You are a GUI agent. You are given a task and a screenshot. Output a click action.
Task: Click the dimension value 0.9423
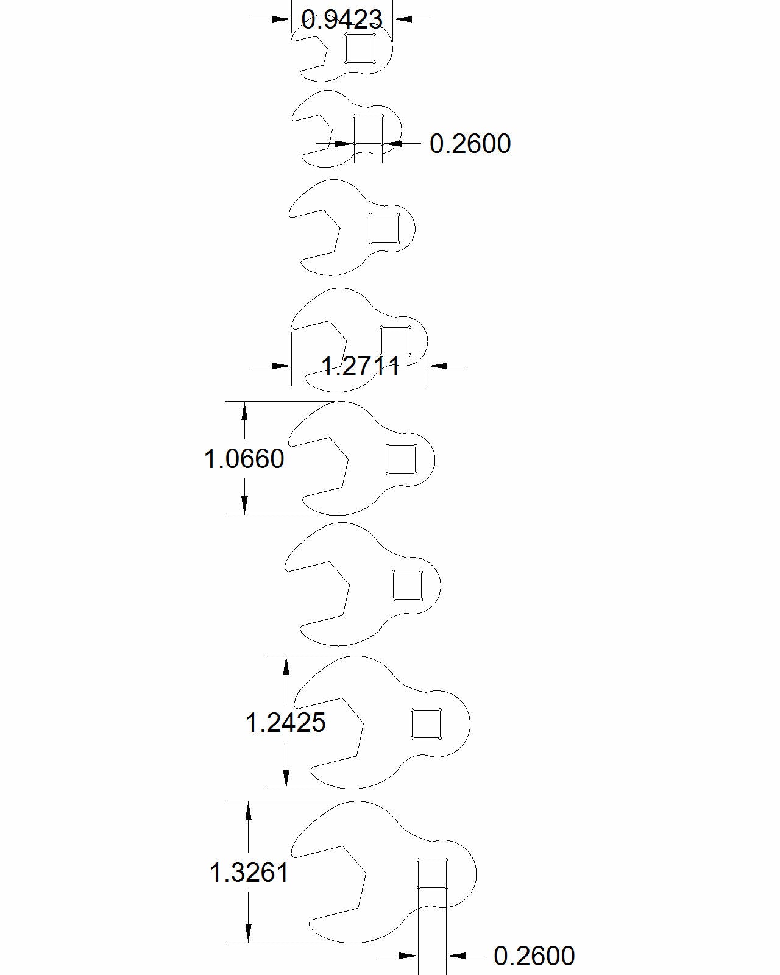click(342, 19)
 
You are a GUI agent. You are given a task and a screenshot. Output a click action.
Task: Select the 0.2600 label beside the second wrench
click(470, 144)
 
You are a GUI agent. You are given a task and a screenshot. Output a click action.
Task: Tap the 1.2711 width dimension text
click(361, 366)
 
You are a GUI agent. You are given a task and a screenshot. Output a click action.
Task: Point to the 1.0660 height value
click(244, 458)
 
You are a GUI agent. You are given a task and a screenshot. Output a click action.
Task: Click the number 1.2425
click(286, 722)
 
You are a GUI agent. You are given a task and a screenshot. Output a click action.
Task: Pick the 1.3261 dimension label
click(249, 873)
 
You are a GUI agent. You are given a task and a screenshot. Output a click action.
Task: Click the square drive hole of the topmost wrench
click(360, 48)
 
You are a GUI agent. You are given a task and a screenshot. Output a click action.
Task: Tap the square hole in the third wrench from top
click(385, 229)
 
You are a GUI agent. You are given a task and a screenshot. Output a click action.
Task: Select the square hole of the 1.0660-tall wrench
click(402, 460)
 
